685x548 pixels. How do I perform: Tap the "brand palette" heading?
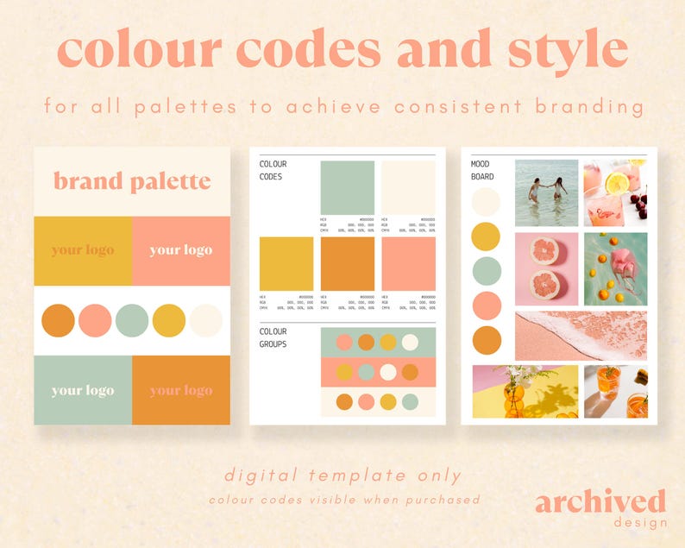(132, 181)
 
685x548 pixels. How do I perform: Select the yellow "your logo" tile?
(83, 250)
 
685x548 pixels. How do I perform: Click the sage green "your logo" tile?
(83, 390)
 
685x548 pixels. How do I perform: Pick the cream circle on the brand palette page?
(205, 320)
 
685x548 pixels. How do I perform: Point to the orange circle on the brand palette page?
(59, 320)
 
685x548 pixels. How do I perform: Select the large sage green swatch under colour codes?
(348, 187)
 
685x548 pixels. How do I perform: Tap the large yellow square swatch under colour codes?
(286, 263)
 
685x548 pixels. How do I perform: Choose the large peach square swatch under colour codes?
(408, 263)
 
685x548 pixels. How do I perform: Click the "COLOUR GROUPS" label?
(273, 337)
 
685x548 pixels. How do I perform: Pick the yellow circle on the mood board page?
(486, 236)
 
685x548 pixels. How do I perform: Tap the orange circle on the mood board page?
(486, 340)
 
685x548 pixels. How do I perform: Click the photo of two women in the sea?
(547, 192)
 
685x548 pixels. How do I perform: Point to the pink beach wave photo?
(581, 336)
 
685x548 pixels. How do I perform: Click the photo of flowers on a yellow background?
(525, 391)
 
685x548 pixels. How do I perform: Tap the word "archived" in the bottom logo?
(600, 501)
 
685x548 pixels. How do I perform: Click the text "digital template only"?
(342, 475)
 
